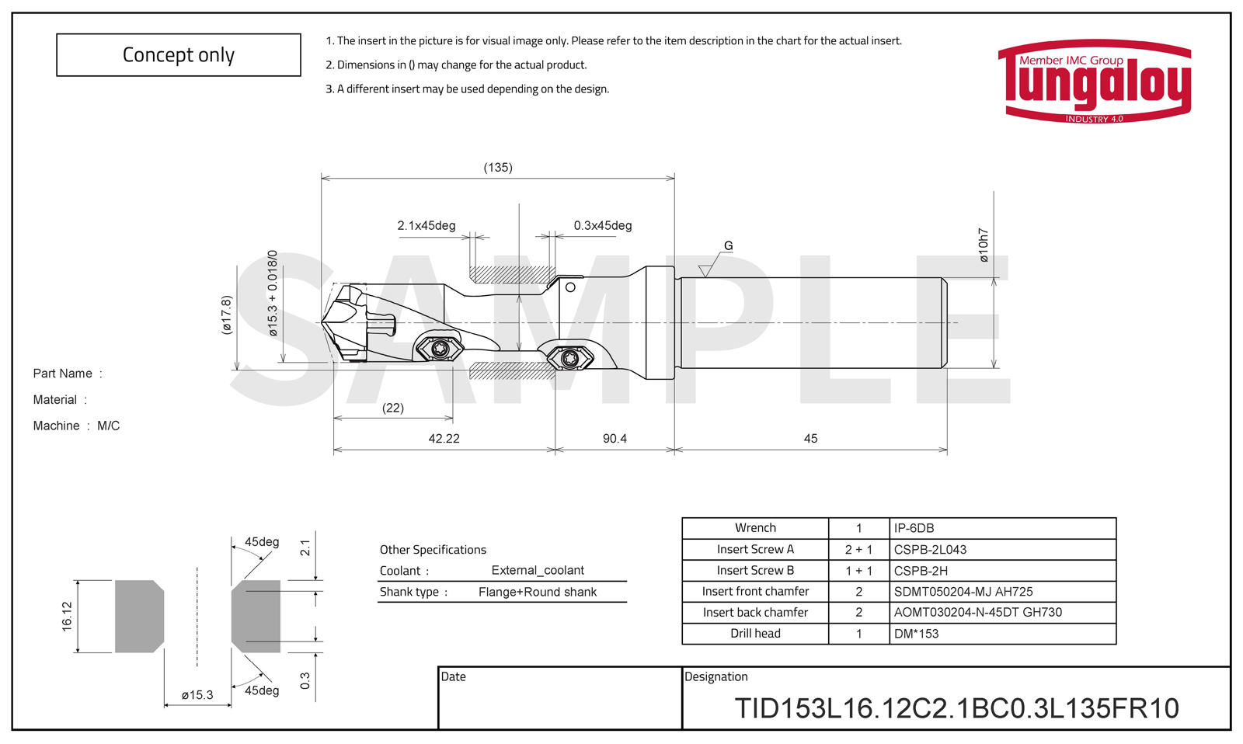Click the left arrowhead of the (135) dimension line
[326, 179]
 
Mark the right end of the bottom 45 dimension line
[947, 450]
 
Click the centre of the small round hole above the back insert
[570, 287]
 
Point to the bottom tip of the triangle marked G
[705, 276]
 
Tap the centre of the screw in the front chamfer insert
[440, 349]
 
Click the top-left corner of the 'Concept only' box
[57, 34]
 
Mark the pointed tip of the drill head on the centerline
[322, 322]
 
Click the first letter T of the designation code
[743, 708]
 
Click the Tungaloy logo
[1095, 81]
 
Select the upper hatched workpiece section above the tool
[512, 274]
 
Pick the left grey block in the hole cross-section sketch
[139, 617]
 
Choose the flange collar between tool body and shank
[660, 323]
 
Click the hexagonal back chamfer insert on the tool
[570, 358]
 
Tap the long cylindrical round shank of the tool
[811, 322]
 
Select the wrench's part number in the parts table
[914, 528]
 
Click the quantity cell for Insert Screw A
[858, 549]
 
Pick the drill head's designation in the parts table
[916, 634]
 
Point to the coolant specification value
[538, 570]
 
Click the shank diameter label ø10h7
[984, 245]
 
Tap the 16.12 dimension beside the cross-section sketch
[67, 617]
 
